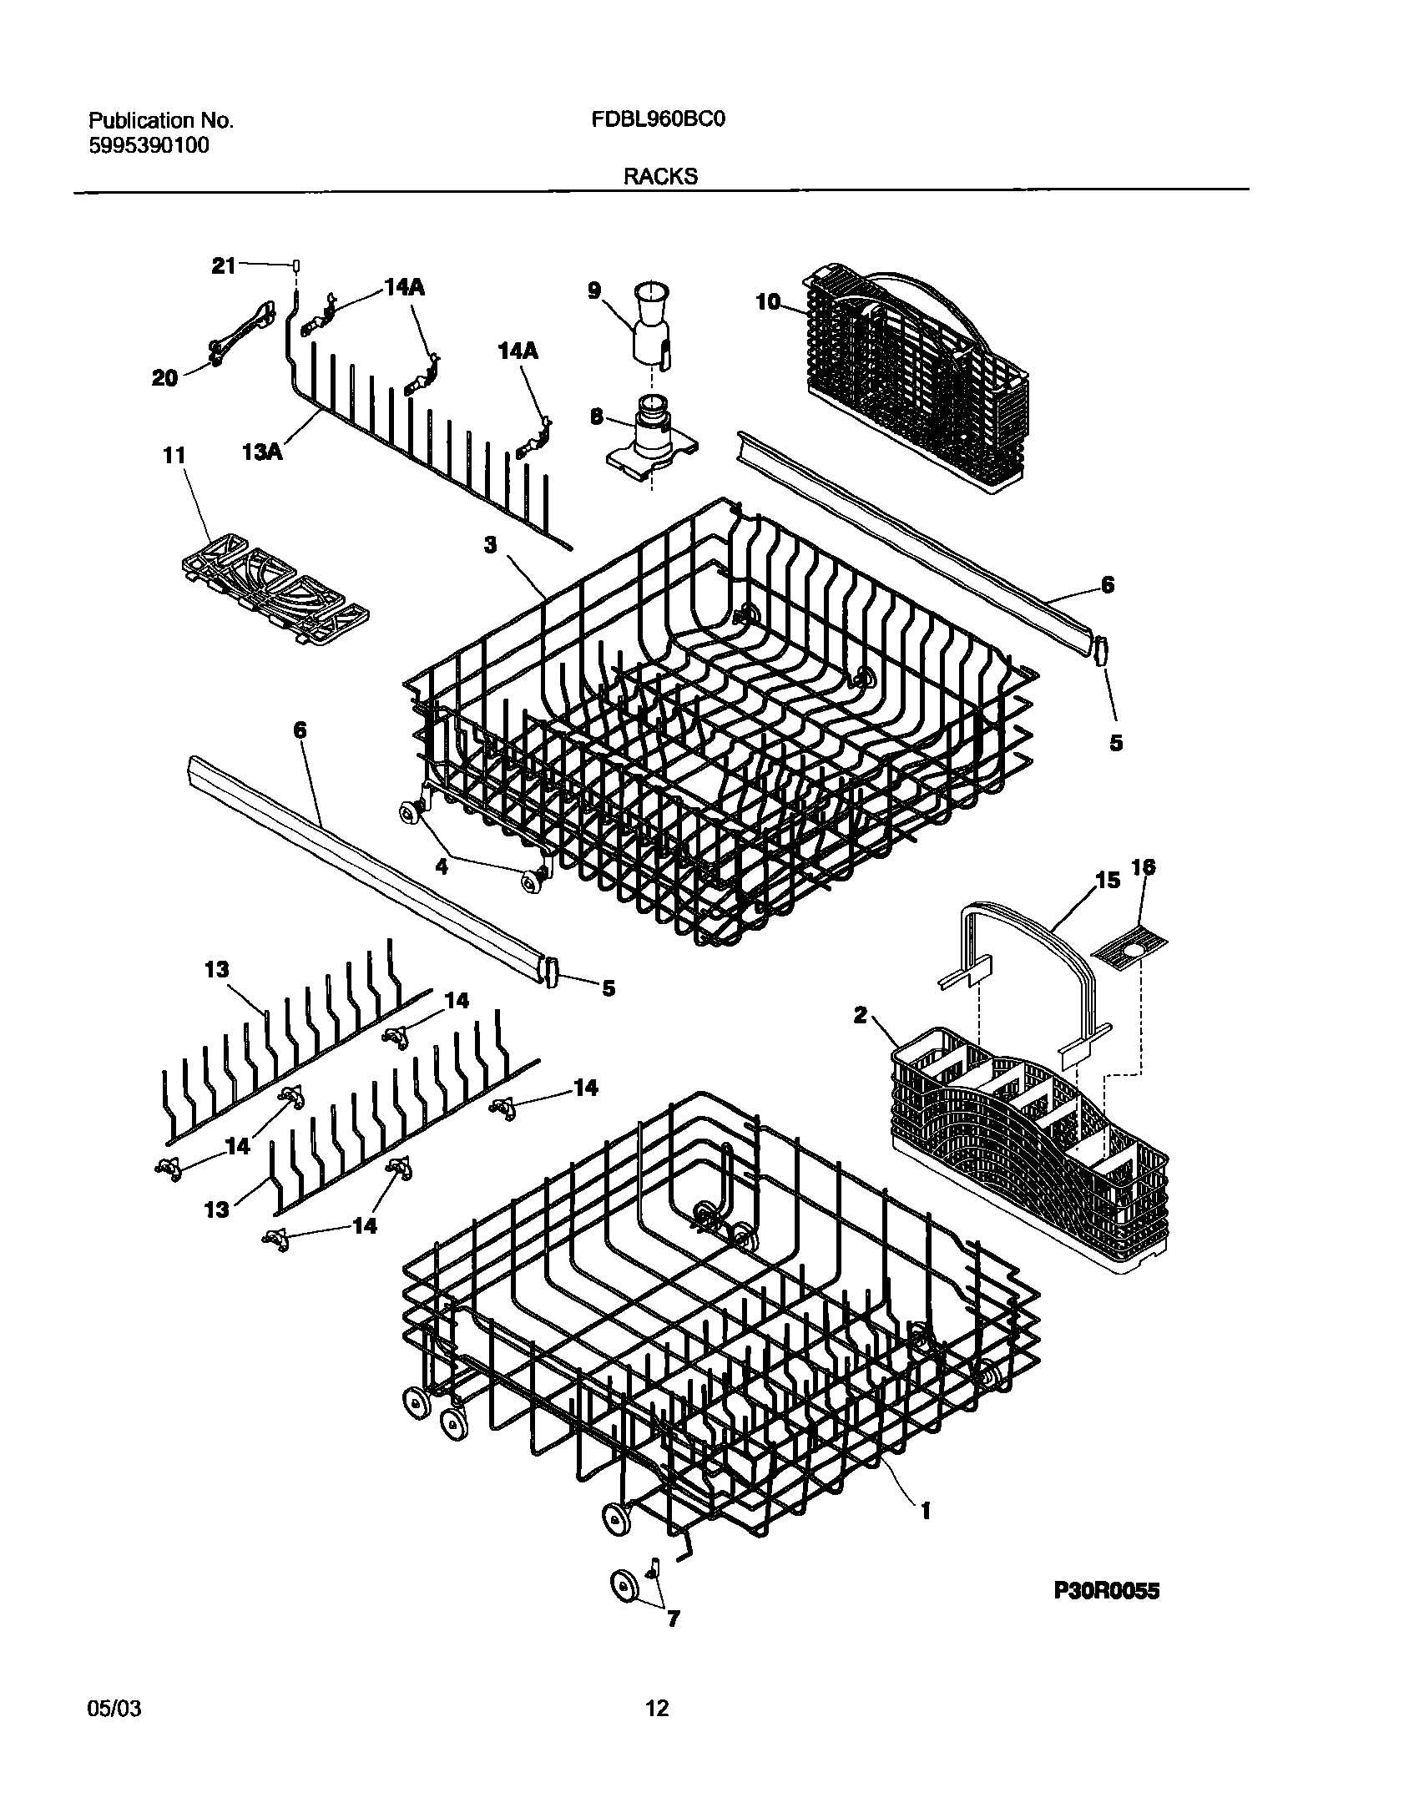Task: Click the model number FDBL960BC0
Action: (x=659, y=120)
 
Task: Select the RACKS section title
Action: (x=659, y=177)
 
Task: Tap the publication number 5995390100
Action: (x=149, y=146)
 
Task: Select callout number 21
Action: (x=224, y=266)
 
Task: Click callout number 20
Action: (x=164, y=379)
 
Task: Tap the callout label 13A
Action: (x=262, y=452)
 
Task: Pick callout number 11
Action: (x=174, y=456)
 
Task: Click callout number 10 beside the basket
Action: (x=768, y=301)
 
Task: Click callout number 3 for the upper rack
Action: (x=491, y=545)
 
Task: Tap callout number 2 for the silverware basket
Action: (x=861, y=1015)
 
